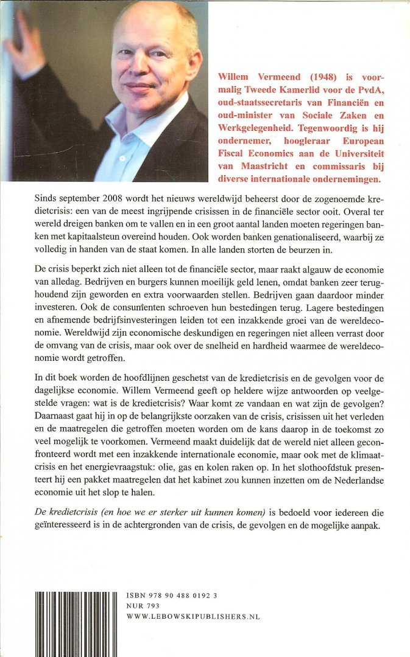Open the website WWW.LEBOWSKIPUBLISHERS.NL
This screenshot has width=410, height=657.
pos(193,616)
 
